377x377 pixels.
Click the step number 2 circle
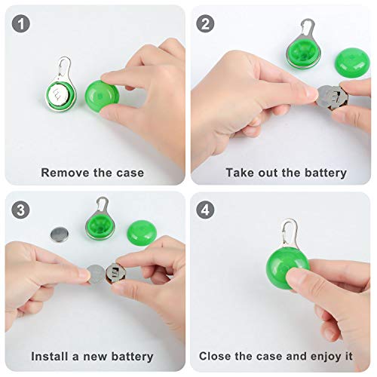click(206, 23)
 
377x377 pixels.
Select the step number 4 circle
click(206, 209)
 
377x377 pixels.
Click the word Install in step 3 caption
click(52, 356)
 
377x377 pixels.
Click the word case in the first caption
click(130, 173)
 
